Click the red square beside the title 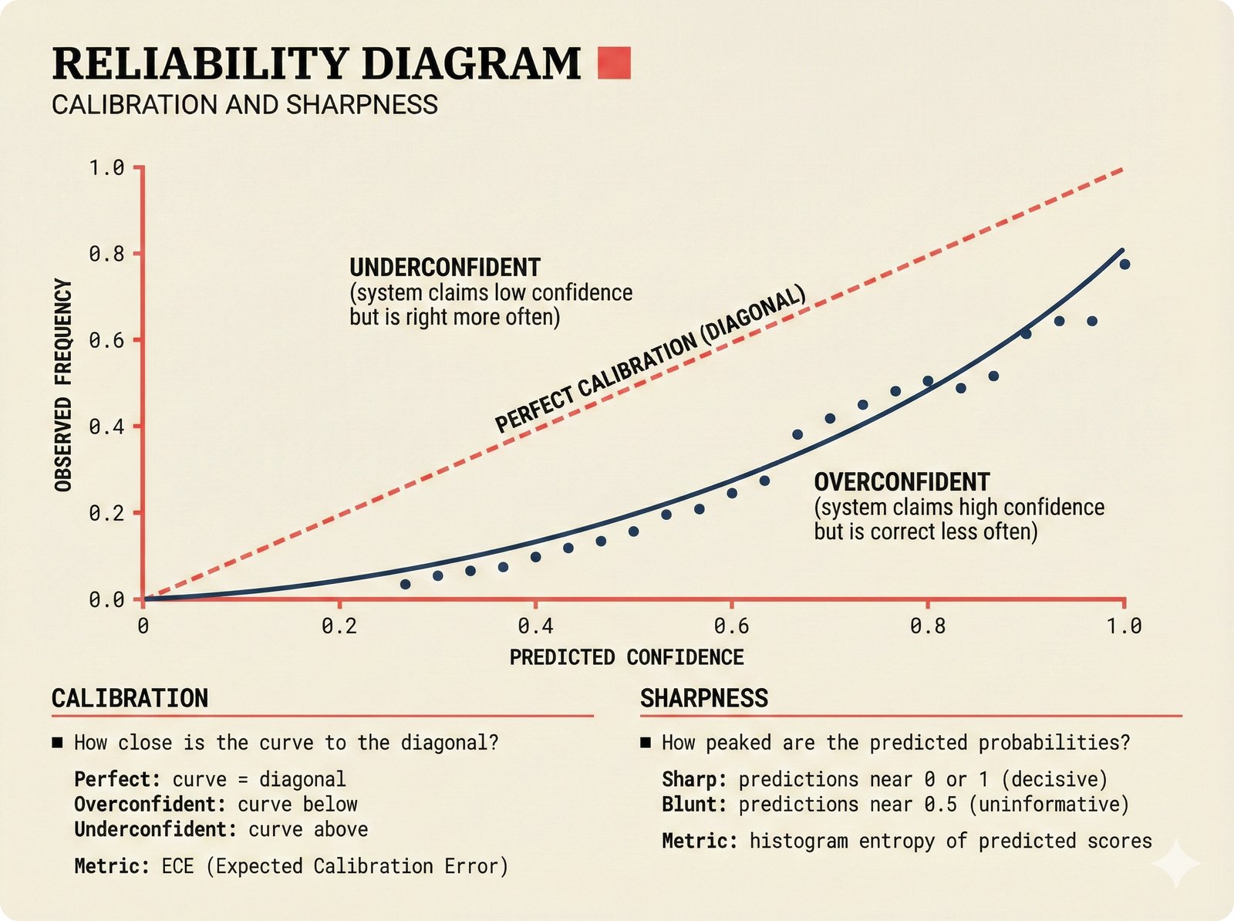pos(614,63)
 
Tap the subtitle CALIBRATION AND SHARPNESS pos(244,105)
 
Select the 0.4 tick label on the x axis pos(535,626)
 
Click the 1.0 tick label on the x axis pos(1124,626)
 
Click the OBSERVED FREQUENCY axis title pos(64,385)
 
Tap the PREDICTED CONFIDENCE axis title pos(626,657)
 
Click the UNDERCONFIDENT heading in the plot pos(445,268)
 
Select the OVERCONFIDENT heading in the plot pos(902,482)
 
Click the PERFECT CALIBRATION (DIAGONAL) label pos(649,359)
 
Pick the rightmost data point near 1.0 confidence pos(1124,265)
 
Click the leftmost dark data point pos(405,584)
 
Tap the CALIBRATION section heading pos(130,698)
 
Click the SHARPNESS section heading pos(704,698)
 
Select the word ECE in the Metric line pos(177,866)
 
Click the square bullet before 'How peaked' pos(646,743)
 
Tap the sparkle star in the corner pos(1175,865)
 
